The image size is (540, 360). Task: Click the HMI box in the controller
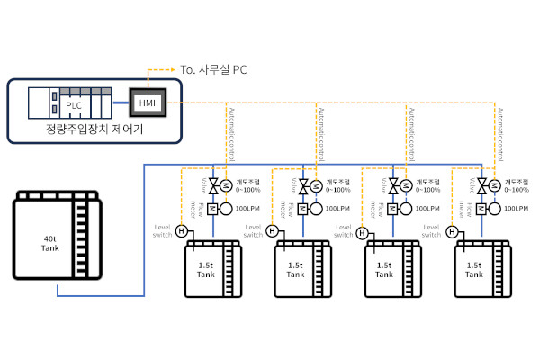(147, 103)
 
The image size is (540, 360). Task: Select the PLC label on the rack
(74, 104)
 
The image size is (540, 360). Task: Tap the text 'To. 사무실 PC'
(212, 69)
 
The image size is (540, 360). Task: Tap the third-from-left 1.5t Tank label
(384, 271)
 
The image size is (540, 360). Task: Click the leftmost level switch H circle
(181, 231)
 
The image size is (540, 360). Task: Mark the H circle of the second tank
(272, 231)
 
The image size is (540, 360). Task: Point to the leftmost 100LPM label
(248, 209)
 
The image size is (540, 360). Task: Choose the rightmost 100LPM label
(516, 209)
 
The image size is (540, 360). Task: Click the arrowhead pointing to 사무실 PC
(176, 69)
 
